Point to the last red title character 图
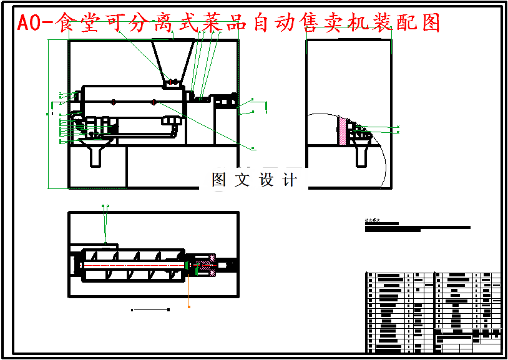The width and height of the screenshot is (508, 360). (430, 23)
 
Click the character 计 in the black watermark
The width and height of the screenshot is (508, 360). (290, 180)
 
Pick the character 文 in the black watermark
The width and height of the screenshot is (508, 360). (242, 180)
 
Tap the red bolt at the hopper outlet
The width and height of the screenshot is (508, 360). (173, 82)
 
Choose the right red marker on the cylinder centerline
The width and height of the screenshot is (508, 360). (154, 101)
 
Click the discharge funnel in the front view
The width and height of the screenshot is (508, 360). (95, 153)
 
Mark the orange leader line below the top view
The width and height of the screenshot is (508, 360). (188, 290)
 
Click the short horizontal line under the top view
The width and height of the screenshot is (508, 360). (150, 309)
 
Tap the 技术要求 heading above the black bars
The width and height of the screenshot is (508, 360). (373, 221)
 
